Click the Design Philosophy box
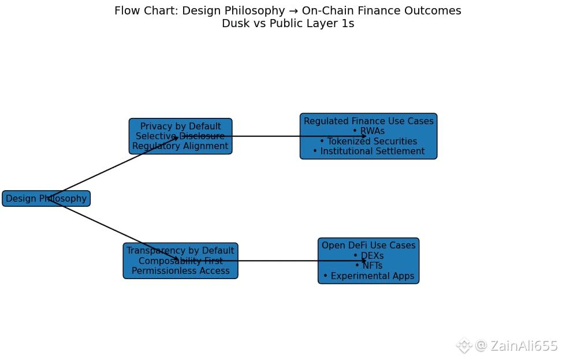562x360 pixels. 46,199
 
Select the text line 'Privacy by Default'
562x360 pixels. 180,127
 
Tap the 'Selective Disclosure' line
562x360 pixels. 180,136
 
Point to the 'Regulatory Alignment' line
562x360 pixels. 180,146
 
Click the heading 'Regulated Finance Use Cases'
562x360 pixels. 369,121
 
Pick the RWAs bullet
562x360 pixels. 369,131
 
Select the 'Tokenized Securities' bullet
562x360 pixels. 369,142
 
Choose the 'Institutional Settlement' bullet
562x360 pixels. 369,151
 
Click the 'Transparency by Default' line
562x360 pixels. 180,251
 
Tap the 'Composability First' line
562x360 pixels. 180,261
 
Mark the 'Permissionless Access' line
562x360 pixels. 180,271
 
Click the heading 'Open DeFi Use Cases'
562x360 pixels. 369,246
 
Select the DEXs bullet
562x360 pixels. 369,255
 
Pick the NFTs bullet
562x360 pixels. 369,266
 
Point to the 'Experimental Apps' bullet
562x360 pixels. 369,276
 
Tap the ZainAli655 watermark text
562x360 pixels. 523,346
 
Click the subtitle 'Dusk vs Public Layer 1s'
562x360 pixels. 288,24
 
